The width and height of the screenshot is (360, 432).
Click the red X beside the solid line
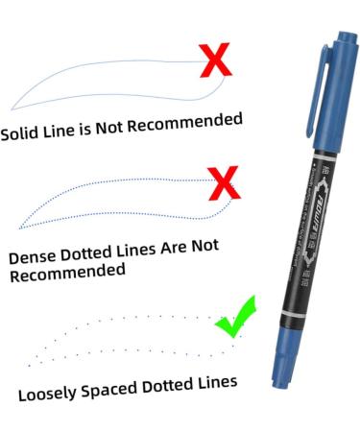click(219, 60)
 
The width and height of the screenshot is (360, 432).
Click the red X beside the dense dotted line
click(224, 182)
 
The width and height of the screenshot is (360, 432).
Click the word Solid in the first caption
click(21, 132)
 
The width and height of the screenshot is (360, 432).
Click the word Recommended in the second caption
click(67, 273)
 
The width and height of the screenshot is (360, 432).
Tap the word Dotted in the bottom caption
click(169, 385)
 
